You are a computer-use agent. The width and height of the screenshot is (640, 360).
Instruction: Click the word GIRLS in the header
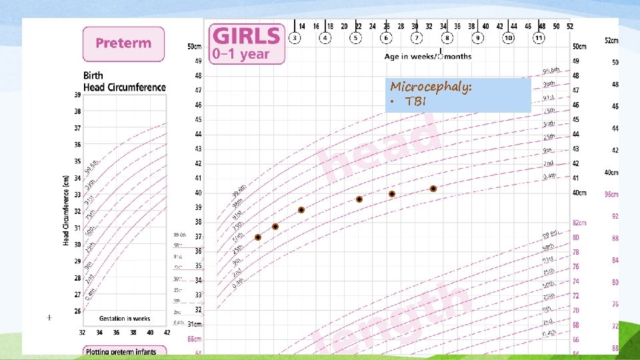pyautogui.click(x=246, y=37)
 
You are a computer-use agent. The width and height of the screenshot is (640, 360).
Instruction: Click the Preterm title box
pyautogui.click(x=123, y=43)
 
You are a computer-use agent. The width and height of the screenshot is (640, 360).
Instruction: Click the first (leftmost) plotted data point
pyautogui.click(x=258, y=237)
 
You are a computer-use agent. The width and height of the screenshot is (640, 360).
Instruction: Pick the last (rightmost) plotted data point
pyautogui.click(x=433, y=189)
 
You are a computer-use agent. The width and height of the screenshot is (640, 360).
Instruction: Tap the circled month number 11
pyautogui.click(x=539, y=38)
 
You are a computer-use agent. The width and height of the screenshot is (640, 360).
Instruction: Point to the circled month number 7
pyautogui.click(x=415, y=38)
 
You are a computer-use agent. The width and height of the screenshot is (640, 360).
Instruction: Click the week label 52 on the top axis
pyautogui.click(x=570, y=27)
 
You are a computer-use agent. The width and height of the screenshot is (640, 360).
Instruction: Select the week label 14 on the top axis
pyautogui.click(x=303, y=27)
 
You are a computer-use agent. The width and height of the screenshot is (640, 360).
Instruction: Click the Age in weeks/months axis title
pyautogui.click(x=428, y=57)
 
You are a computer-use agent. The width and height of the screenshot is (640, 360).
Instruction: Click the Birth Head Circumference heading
pyautogui.click(x=124, y=82)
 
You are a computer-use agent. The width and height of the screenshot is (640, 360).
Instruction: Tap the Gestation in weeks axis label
pyautogui.click(x=124, y=318)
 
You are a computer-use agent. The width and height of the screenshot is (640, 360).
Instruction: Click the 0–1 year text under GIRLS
pyautogui.click(x=241, y=55)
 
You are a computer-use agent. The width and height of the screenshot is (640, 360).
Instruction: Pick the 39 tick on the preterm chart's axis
pyautogui.click(x=77, y=95)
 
